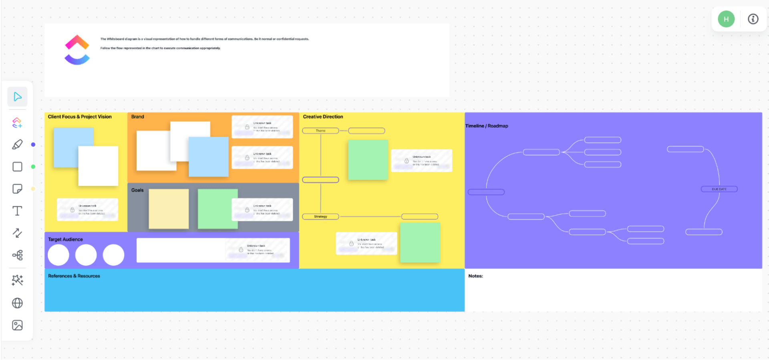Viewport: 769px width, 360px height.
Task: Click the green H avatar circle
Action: pos(726,19)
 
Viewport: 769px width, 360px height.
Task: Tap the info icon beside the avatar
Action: pos(753,19)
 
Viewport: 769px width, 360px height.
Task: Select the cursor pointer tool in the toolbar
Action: pos(17,97)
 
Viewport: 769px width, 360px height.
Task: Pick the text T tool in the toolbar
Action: pos(17,211)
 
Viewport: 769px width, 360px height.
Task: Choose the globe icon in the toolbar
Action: pos(17,303)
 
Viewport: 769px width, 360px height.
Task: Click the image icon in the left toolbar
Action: pos(17,325)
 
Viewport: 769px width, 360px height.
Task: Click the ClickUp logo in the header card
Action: pos(77,50)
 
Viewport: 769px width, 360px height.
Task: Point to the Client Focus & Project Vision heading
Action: pos(80,117)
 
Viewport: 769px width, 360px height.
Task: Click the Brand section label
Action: pos(137,117)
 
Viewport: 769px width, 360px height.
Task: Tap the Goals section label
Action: pos(137,190)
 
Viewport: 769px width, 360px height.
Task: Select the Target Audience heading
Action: pos(65,239)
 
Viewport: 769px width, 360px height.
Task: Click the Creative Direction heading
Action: pos(323,117)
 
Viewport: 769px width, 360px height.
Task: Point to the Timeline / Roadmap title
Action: pos(487,126)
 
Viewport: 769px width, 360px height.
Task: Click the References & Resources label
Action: pos(74,276)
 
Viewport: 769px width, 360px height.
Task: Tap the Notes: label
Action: pos(475,276)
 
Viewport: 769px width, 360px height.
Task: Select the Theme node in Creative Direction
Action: pos(320,131)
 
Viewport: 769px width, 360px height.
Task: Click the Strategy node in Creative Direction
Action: pos(320,217)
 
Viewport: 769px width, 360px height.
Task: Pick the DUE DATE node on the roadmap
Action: pos(719,189)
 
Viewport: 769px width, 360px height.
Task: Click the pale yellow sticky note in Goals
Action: pos(169,209)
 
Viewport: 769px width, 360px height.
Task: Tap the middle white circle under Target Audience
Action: pos(86,255)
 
